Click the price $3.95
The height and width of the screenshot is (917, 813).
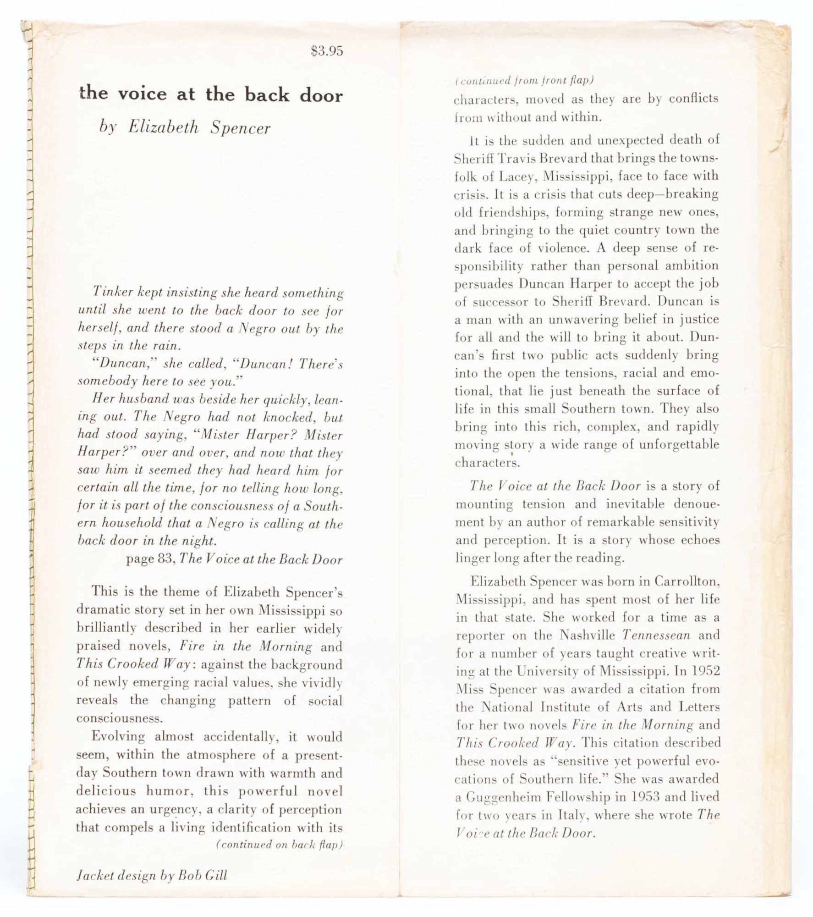(327, 51)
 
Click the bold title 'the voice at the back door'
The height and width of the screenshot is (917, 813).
(211, 94)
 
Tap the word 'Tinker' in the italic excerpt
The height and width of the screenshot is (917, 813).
(109, 292)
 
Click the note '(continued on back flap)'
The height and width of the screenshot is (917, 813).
(279, 844)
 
